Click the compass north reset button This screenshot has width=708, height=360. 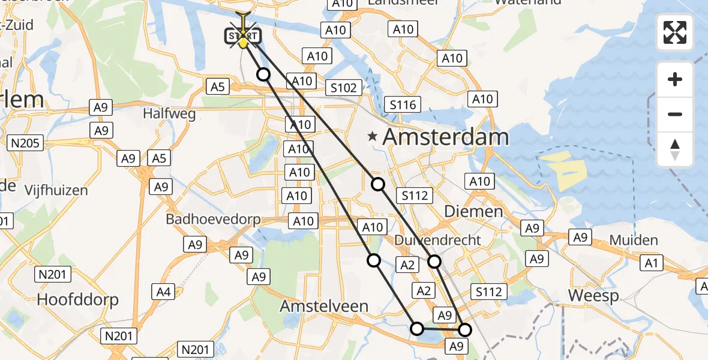point(675,149)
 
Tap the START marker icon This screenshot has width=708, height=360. point(242,37)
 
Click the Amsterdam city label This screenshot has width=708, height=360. point(446,137)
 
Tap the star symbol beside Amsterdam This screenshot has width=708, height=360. point(373,137)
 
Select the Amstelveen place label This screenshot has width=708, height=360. point(324,306)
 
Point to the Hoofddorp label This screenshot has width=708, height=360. point(78,299)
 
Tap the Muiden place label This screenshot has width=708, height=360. point(634,241)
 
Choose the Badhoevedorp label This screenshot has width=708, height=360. point(214,219)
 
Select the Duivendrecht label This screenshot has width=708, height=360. point(439,240)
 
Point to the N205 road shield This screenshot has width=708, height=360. point(23,143)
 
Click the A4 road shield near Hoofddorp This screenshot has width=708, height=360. point(164,292)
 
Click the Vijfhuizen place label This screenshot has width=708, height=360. point(56,191)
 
